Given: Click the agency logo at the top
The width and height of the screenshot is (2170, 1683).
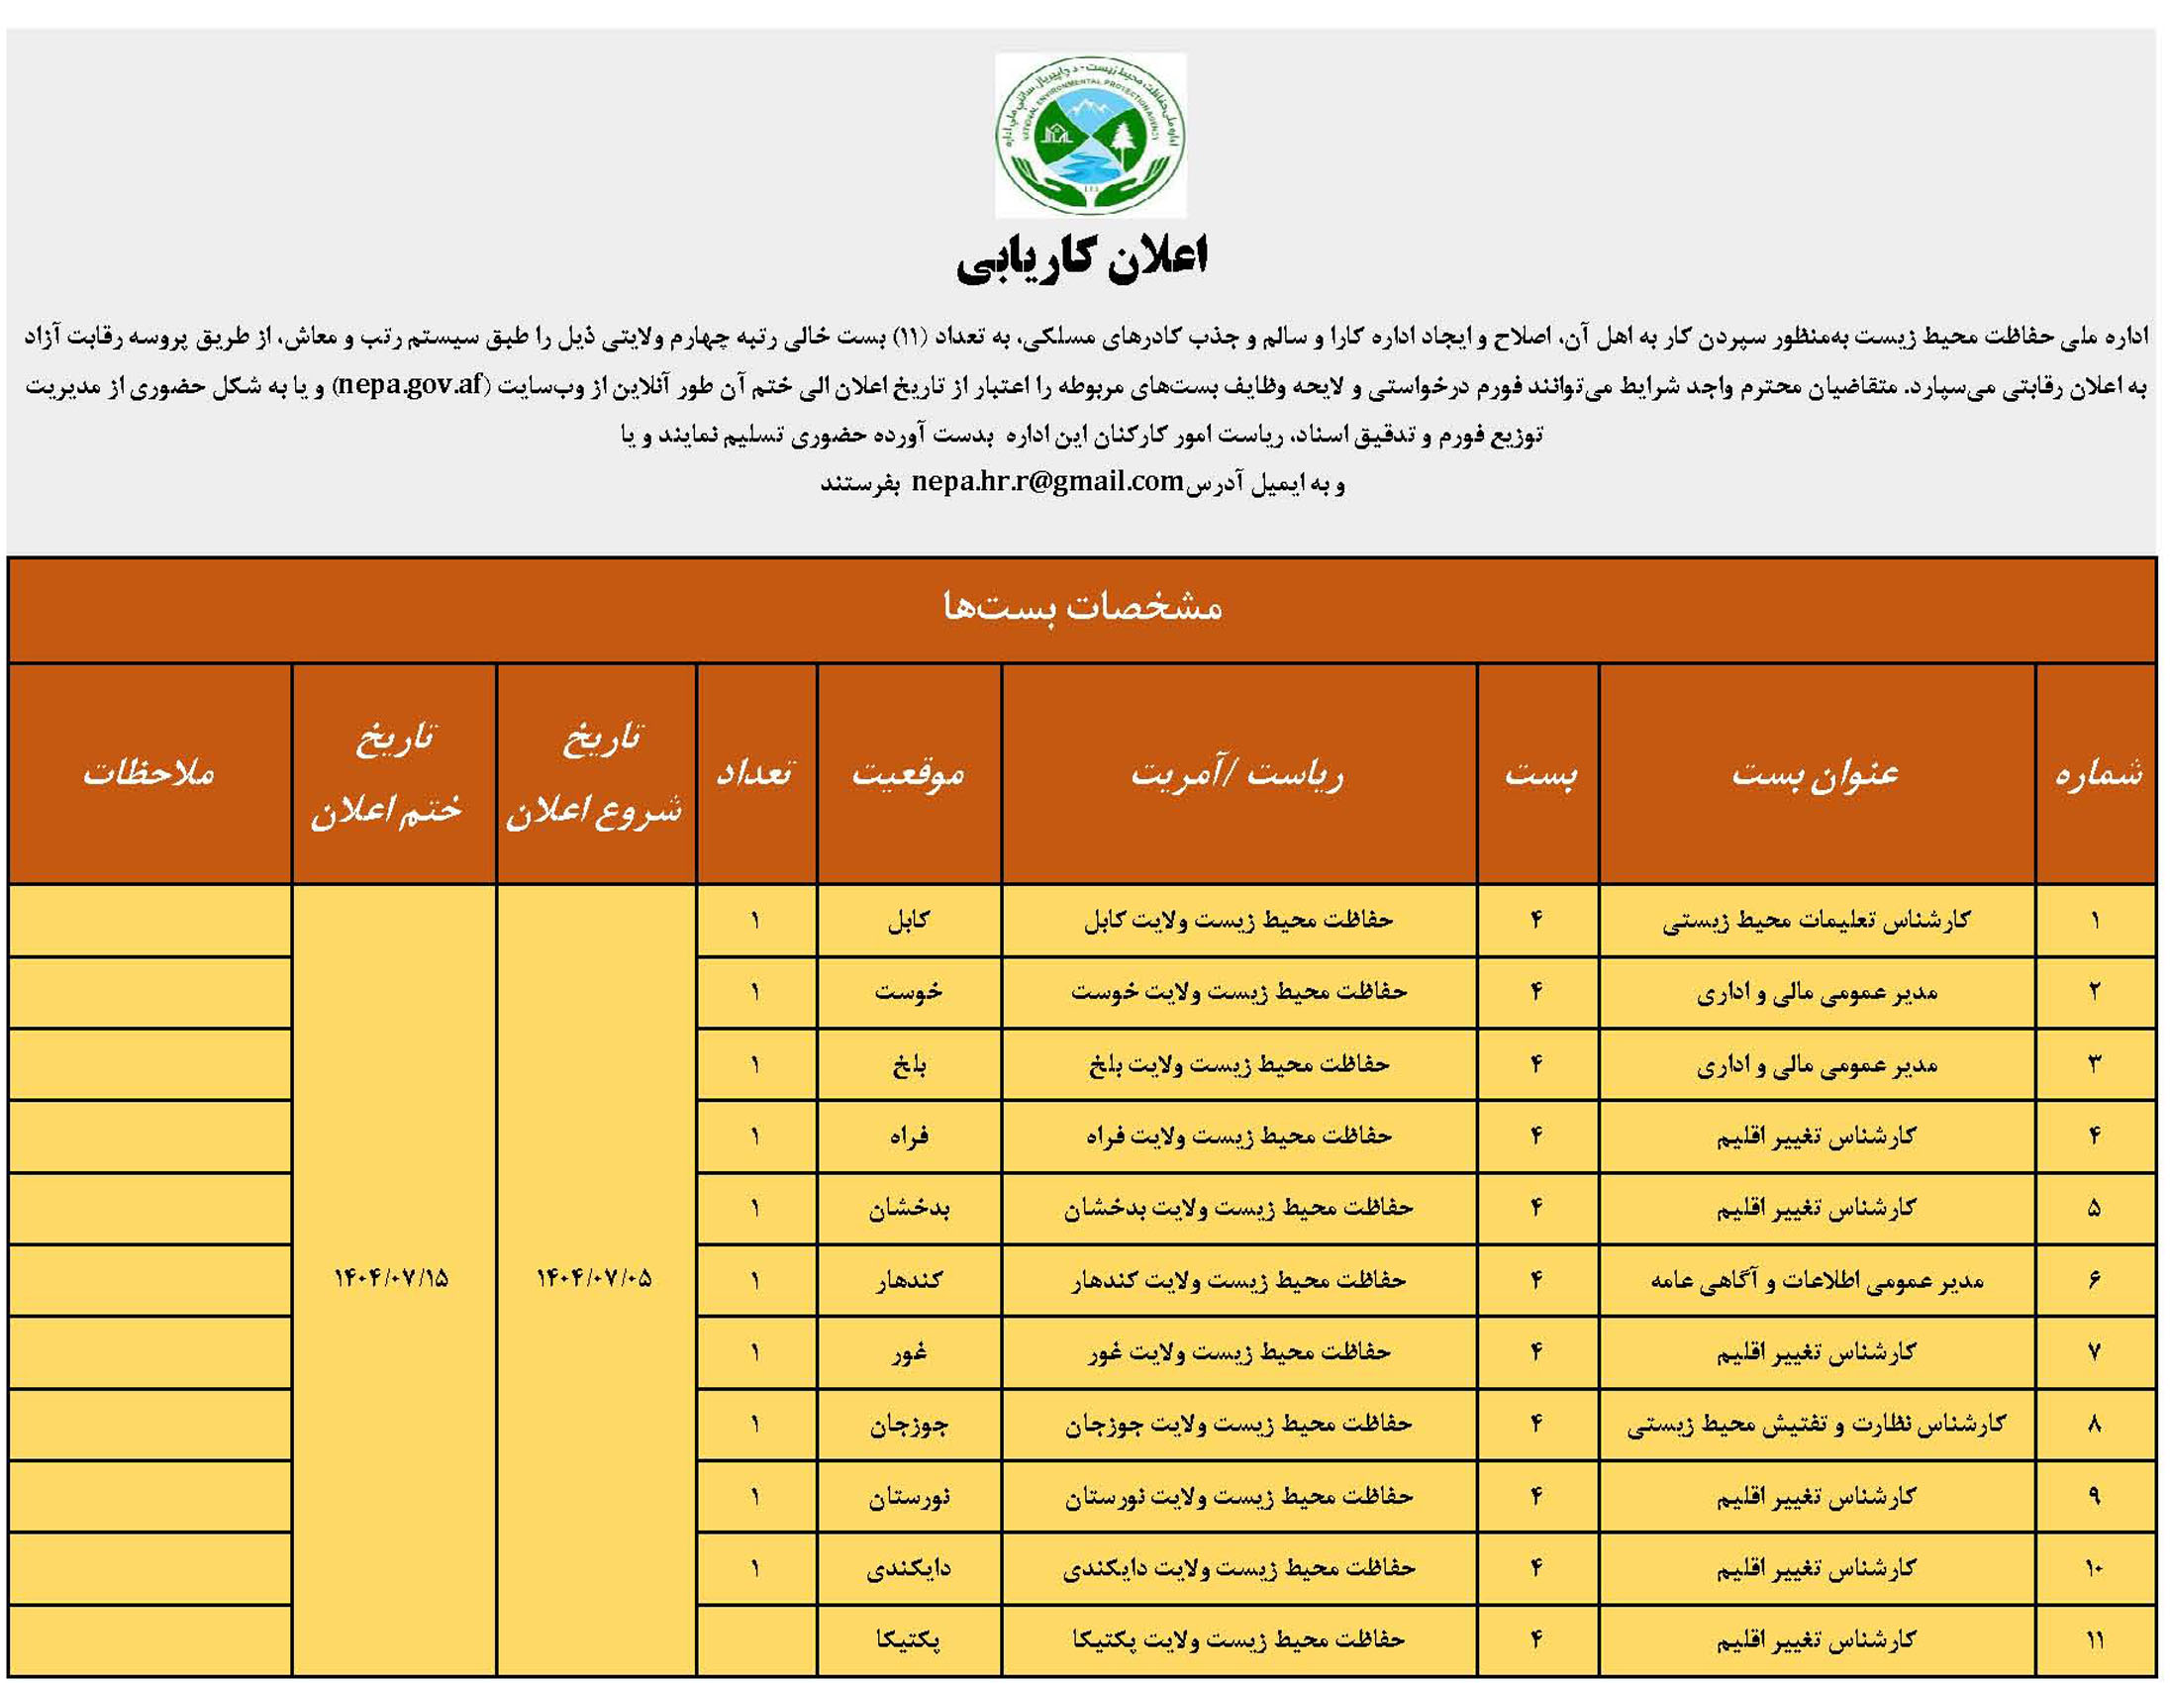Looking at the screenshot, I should click(x=1090, y=135).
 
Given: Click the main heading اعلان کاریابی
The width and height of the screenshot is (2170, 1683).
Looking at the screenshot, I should click(x=1082, y=260).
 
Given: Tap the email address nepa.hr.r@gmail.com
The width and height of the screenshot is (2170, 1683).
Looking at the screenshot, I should click(x=1047, y=482).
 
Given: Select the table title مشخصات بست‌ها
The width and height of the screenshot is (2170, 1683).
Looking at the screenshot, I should click(x=1082, y=607).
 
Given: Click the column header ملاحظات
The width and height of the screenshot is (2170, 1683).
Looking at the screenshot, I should click(x=149, y=773).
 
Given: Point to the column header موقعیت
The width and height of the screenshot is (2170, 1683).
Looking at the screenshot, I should click(x=908, y=773).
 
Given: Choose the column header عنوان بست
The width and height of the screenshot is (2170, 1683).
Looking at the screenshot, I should click(x=1816, y=773).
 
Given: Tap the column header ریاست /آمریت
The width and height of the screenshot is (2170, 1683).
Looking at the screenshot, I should click(x=1238, y=773).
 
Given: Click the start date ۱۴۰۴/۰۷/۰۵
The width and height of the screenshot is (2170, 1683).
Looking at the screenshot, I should click(x=594, y=1278).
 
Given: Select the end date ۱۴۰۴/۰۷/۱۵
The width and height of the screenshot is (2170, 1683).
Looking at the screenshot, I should click(x=391, y=1278).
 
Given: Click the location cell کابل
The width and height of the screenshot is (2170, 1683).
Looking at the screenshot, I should click(x=908, y=920).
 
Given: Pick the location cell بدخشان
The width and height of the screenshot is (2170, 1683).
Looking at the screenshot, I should click(x=908, y=1208).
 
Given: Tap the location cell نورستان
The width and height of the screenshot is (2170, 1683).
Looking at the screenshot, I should click(x=908, y=1496).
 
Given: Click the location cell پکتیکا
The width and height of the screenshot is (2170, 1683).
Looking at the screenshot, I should click(x=908, y=1640).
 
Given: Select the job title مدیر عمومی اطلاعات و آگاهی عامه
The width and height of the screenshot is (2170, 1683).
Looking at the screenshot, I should click(x=1817, y=1281).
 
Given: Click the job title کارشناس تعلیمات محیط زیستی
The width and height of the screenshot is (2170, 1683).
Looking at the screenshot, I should click(x=1817, y=920).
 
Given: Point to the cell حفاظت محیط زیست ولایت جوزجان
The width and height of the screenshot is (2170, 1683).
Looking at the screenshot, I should click(x=1238, y=1425).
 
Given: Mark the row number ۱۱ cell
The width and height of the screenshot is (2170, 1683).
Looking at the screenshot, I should click(x=2095, y=1640).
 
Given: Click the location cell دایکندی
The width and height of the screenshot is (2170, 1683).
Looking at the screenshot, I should click(x=908, y=1569).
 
